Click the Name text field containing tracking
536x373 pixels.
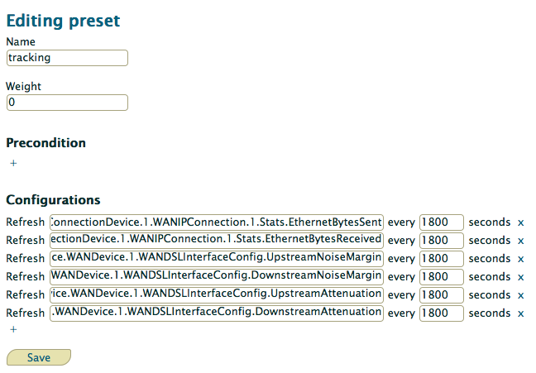(67, 58)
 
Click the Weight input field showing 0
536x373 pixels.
(67, 103)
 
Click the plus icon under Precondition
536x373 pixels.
(13, 163)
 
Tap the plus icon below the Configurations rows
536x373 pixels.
(13, 329)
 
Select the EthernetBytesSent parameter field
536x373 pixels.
(217, 222)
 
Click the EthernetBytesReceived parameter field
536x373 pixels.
(217, 241)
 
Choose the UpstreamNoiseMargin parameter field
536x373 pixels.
(217, 259)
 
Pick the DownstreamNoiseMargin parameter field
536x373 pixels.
(217, 276)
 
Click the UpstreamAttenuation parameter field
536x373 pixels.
(217, 294)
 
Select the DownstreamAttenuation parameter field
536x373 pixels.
(217, 313)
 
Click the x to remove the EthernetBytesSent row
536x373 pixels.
(520, 223)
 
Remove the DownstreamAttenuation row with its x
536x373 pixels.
(520, 313)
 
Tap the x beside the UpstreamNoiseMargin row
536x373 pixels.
(520, 259)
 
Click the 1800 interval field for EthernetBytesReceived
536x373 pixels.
(442, 241)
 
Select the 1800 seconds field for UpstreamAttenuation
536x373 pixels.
(442, 294)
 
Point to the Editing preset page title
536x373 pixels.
(63, 22)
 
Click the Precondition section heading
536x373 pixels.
(45, 143)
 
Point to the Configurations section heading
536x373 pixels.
(53, 200)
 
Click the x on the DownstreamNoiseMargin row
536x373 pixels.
(520, 277)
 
